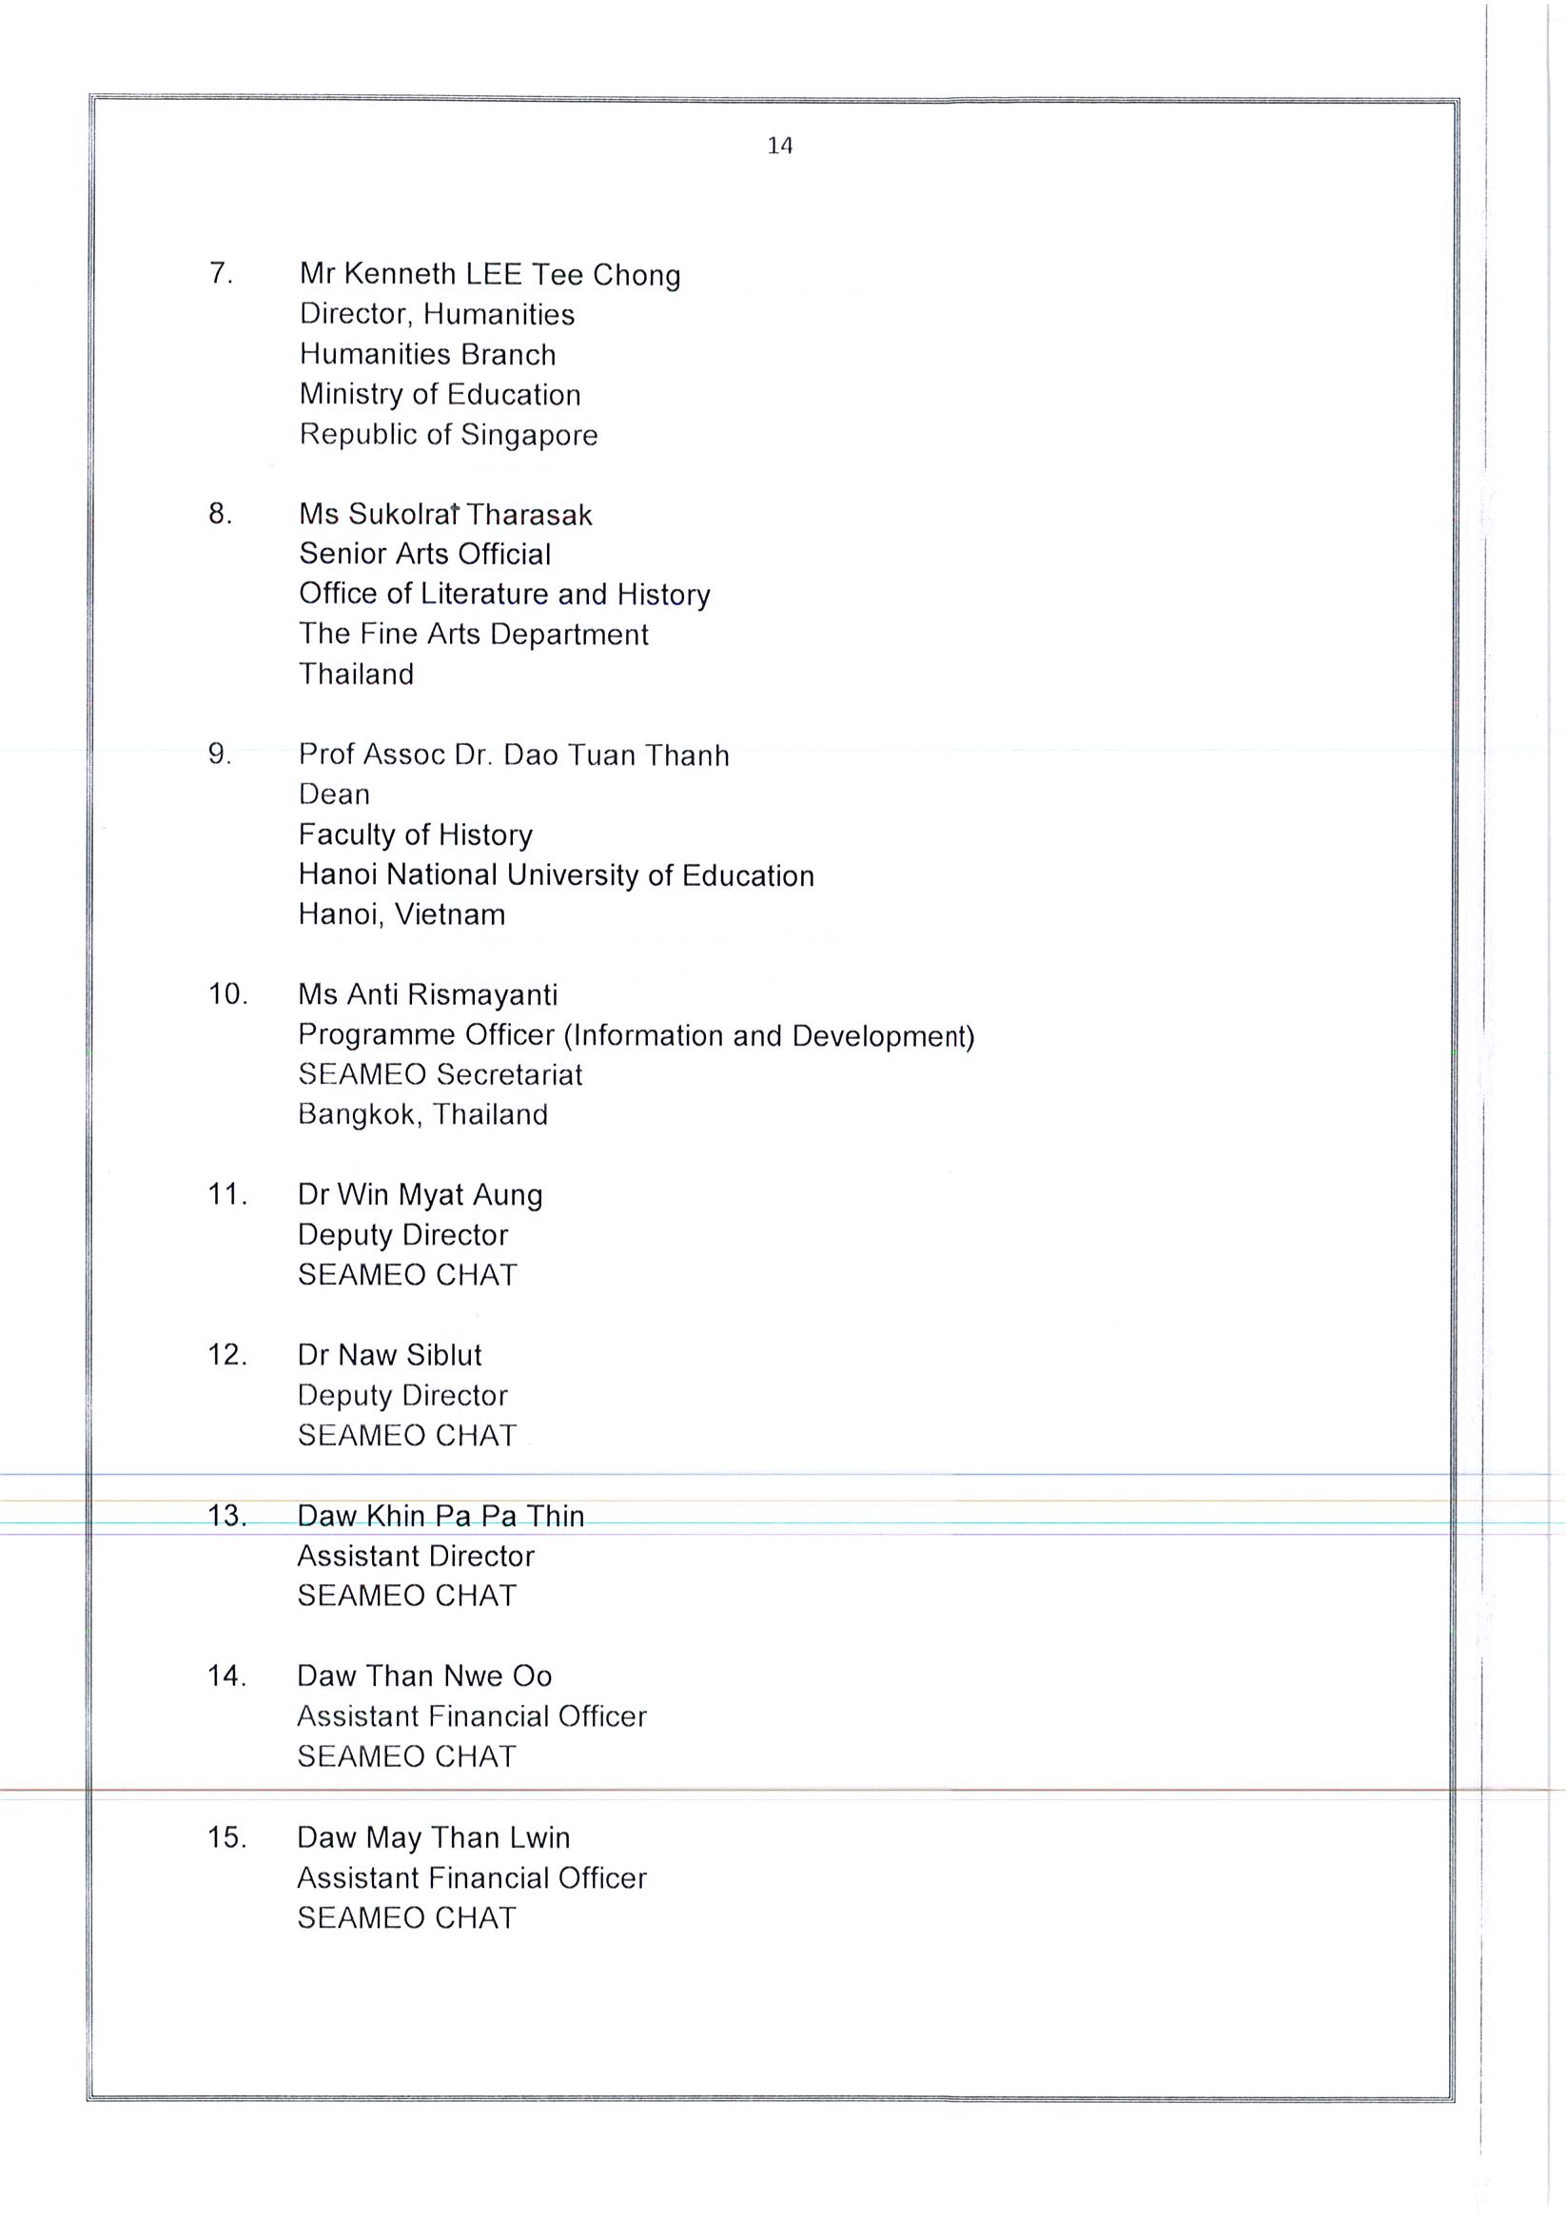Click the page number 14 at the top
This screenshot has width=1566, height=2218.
pos(779,146)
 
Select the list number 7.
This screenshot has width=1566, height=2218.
pos(220,273)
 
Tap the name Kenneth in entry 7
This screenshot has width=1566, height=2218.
pos(400,274)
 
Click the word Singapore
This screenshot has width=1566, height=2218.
pos(529,436)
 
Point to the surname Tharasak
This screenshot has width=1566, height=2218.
pos(528,515)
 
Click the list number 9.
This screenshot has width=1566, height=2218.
pos(220,754)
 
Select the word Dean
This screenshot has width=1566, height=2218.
pos(334,795)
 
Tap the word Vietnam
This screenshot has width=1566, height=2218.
pos(453,914)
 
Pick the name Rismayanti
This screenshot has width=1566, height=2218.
pos(482,995)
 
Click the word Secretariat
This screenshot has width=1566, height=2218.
pos(509,1074)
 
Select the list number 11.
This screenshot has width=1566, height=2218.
pos(227,1195)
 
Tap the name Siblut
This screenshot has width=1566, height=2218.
pos(443,1355)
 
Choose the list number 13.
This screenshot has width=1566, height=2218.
pos(226,1516)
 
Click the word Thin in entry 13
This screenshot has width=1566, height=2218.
pos(556,1516)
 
